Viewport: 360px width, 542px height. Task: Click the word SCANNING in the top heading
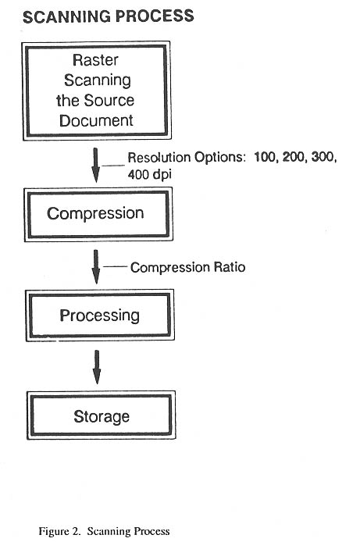[66, 16]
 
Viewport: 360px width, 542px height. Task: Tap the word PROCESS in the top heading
[155, 16]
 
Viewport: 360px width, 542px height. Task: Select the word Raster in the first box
[95, 60]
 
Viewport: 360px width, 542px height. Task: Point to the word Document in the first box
[96, 120]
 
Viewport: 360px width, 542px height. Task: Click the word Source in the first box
[109, 101]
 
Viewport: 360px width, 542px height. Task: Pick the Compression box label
[95, 213]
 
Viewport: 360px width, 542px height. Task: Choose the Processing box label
[99, 316]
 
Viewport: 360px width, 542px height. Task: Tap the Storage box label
[102, 416]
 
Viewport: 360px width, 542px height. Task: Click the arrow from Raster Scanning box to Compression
[96, 166]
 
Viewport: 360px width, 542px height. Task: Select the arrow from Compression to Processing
[96, 266]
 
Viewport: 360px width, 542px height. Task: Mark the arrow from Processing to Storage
[97, 367]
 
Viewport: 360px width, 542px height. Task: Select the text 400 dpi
[150, 175]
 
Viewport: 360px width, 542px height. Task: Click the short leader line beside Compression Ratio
[115, 267]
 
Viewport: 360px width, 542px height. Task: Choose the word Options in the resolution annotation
[219, 158]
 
